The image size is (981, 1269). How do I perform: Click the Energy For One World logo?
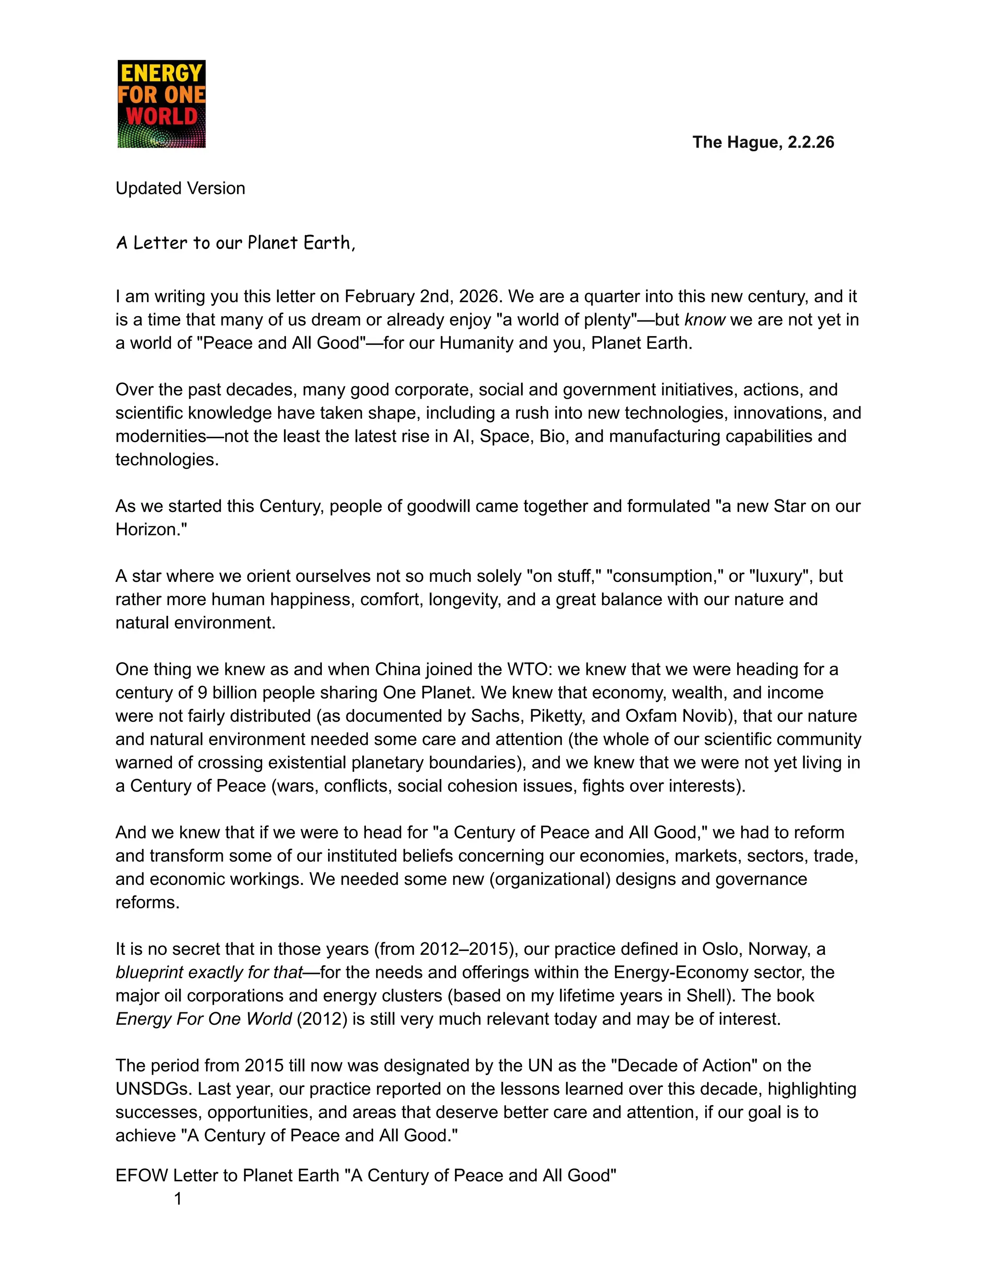161,104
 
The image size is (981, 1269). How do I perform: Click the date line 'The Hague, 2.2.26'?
763,142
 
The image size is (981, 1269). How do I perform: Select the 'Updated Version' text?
180,188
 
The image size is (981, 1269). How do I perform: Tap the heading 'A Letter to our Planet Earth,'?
235,242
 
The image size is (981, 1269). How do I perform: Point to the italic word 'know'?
705,319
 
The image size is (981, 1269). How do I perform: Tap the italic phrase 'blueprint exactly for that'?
209,972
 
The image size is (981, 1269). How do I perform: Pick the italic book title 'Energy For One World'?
204,1019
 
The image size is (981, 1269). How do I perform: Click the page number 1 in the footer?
178,1199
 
